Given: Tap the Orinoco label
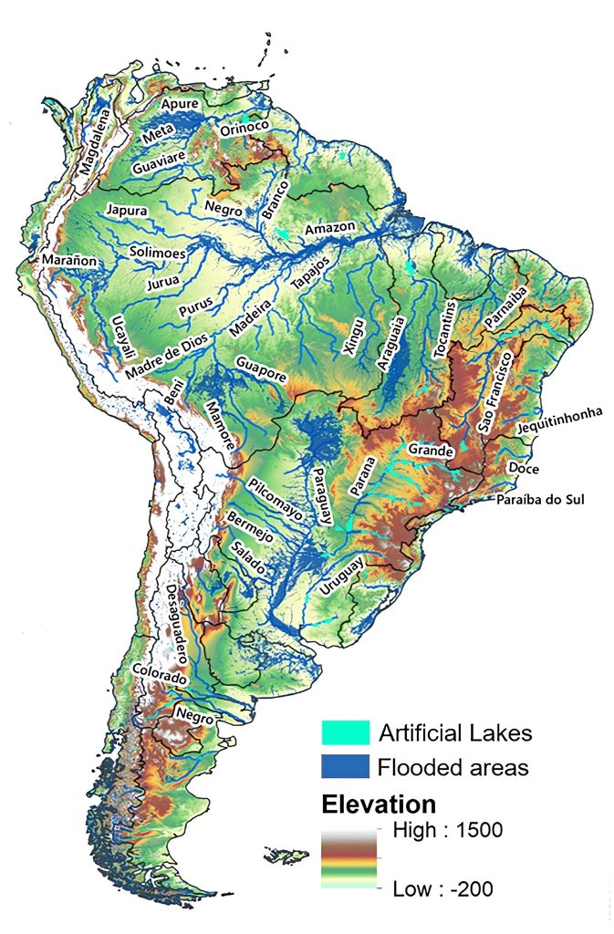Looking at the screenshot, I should coord(243,131).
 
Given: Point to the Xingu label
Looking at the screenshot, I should coord(353,339).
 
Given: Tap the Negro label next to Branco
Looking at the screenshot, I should coord(224,209).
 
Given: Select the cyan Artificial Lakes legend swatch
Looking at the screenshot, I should coord(346,732).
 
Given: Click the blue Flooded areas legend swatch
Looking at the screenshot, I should coord(346,765).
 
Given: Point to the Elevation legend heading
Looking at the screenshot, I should coord(378,804).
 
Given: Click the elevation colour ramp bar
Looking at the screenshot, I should coord(348,858).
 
